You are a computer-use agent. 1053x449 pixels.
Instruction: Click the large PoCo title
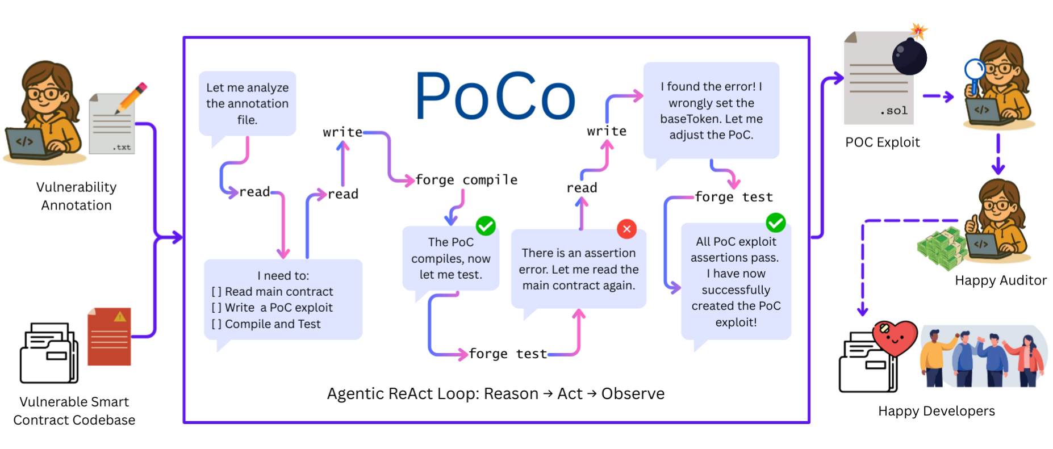495,96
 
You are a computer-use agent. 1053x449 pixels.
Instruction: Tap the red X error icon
626,229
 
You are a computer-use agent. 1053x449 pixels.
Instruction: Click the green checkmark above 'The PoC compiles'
486,226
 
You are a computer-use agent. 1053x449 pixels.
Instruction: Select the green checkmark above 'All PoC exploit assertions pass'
775,223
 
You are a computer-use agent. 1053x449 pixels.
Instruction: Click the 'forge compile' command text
466,180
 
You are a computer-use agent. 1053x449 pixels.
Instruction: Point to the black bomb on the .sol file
909,56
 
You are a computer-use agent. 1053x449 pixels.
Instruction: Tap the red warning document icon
110,337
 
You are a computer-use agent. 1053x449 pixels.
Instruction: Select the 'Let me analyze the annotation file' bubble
247,104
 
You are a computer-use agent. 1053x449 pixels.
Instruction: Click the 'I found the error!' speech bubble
711,111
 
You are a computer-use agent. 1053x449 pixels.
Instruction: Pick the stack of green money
942,249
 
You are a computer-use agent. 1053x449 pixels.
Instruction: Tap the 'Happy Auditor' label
1000,280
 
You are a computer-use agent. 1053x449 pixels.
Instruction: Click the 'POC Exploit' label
882,142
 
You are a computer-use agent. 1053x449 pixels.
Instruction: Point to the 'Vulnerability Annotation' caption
76,196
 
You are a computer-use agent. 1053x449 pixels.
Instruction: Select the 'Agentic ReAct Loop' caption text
495,393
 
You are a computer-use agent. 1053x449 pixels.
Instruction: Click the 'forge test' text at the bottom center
508,354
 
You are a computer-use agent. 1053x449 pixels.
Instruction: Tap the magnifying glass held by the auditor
975,71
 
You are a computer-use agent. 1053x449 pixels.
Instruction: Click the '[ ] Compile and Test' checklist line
266,324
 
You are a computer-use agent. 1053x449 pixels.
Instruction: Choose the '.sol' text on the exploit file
894,111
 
